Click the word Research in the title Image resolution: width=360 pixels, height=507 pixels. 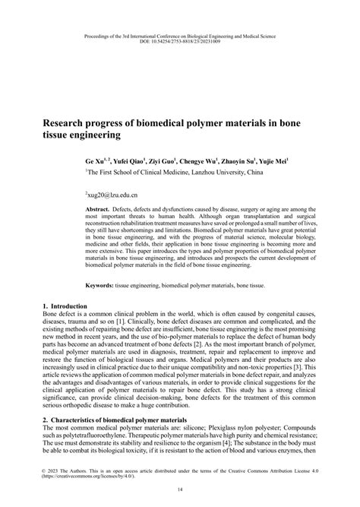coord(73,119)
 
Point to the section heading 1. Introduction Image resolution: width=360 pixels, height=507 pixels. coord(68,305)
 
